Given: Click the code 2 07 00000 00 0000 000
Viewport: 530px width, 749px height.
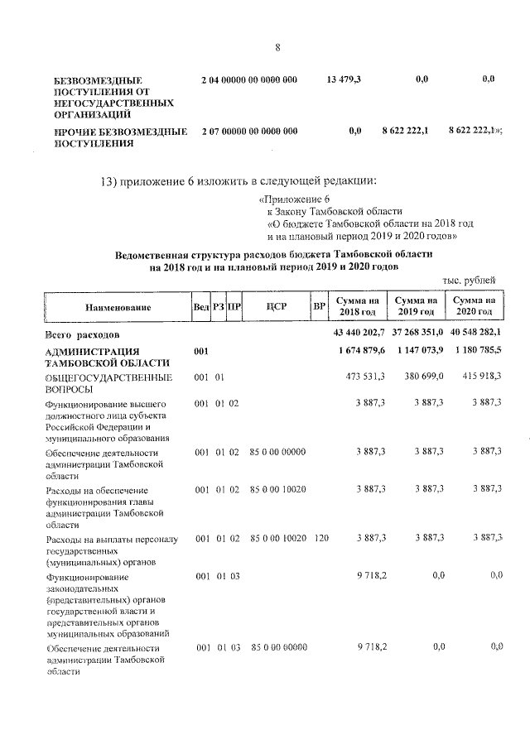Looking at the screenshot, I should point(248,131).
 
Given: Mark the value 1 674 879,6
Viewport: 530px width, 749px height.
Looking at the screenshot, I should point(358,351).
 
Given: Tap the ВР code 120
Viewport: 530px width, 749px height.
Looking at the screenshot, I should point(321,538).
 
